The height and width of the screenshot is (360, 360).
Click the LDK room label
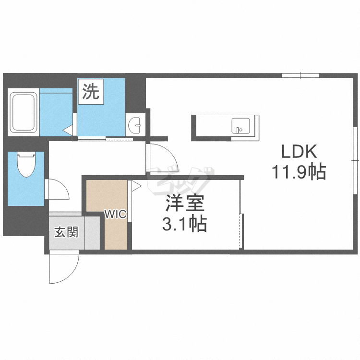coord(299,152)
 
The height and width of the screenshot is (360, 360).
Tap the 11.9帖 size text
coord(299,171)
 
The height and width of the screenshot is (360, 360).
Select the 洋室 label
coord(185,204)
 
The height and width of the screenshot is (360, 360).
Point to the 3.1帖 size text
coord(185,223)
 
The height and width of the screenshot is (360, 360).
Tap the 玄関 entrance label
coord(66,233)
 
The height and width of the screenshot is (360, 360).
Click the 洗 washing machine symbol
coord(91,91)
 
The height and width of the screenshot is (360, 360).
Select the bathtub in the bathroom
coord(24,112)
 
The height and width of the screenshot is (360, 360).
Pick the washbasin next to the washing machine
coord(135,125)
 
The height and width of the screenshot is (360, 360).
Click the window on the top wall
coord(300,75)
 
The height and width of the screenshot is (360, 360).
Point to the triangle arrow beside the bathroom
coord(67,129)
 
